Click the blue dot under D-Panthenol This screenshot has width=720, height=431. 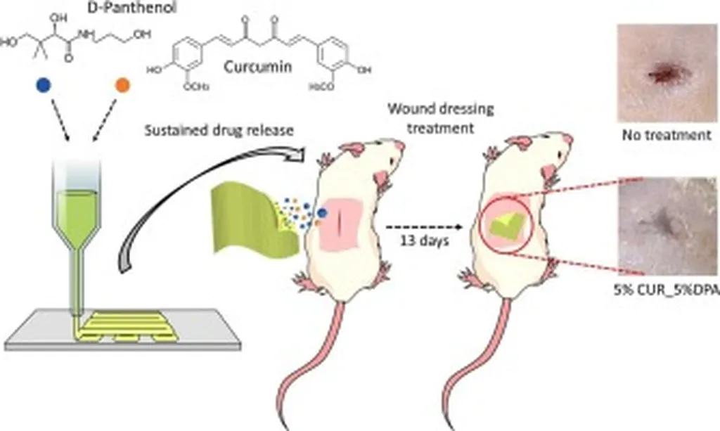(x=44, y=85)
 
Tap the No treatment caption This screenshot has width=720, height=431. (x=665, y=135)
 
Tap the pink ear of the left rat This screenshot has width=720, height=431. (x=354, y=148)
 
